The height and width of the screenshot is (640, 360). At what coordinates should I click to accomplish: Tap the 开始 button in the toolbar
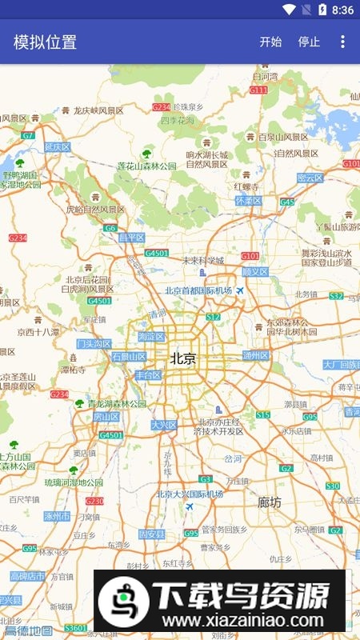pos(270,42)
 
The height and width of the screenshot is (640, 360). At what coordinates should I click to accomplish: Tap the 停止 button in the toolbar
pos(309,42)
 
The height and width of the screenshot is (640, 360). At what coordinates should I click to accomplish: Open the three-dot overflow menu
pos(343,42)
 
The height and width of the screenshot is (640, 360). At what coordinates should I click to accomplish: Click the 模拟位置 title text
pos(45,42)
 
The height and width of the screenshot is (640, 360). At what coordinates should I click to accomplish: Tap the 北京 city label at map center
pos(182,359)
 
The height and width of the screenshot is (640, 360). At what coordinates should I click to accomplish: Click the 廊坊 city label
pos(270,502)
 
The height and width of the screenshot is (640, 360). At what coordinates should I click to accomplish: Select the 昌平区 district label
pos(132,238)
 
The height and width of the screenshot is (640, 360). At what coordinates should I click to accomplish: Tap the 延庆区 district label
pos(58,147)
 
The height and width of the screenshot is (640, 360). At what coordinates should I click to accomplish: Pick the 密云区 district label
pos(310,178)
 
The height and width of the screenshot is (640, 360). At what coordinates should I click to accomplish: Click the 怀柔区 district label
pos(248,201)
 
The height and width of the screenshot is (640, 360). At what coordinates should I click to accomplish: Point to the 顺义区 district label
pos(255,272)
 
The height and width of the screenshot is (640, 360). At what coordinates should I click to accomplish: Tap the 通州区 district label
pos(256,355)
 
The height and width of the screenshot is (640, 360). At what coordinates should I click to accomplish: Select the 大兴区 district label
pos(164,425)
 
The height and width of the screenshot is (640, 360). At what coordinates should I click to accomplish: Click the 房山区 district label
pos(106,416)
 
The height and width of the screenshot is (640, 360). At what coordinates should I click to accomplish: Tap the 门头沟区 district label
pos(94,343)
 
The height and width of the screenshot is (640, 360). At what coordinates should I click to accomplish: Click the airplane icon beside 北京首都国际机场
pos(239,290)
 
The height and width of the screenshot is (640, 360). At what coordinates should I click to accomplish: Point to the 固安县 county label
pos(151,534)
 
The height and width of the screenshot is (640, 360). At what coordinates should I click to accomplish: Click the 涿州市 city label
pos(58,515)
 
